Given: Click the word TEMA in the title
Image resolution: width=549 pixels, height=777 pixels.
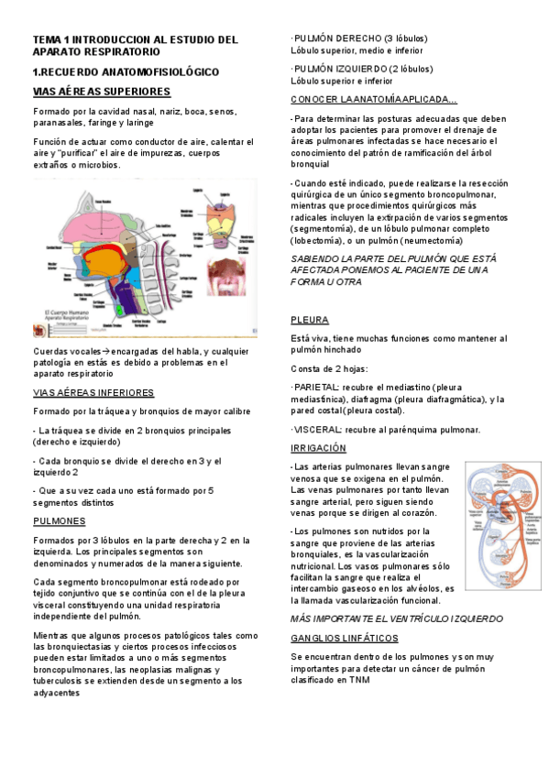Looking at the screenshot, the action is (x=45, y=39).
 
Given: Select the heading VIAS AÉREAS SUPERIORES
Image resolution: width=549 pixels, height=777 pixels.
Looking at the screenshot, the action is (x=102, y=92).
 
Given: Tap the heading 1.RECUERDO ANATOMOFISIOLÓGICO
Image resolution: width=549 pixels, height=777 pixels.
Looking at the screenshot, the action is (x=126, y=71).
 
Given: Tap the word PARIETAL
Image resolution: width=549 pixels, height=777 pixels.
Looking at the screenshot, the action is (x=316, y=388).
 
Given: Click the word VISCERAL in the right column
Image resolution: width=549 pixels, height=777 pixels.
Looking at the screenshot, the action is (x=317, y=430).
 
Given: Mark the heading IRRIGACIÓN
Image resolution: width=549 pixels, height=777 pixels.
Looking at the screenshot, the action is (x=318, y=448).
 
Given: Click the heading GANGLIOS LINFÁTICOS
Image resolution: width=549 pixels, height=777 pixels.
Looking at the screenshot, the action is (x=345, y=637).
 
